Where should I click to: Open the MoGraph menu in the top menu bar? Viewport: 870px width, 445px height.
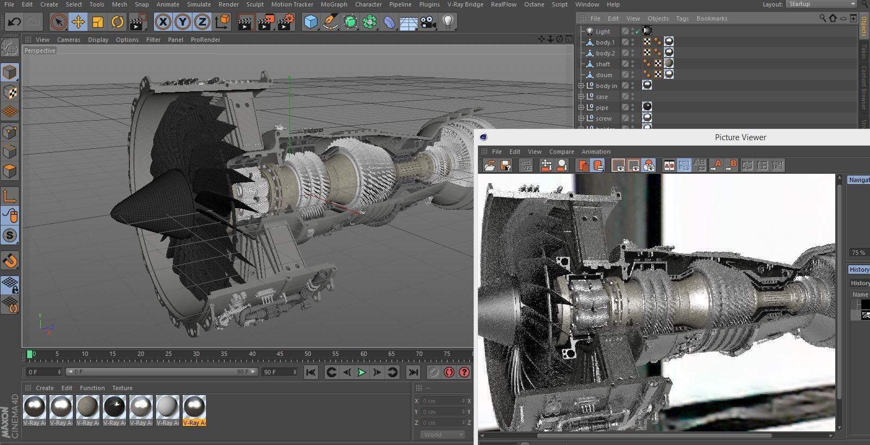point(333,4)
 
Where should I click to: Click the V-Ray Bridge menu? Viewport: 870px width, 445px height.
point(465,4)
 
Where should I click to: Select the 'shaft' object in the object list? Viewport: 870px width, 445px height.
point(602,64)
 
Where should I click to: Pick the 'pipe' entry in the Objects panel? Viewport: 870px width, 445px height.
point(602,108)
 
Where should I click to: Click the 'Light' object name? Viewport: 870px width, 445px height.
point(602,32)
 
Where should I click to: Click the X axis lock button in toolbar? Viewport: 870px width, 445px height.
point(163,22)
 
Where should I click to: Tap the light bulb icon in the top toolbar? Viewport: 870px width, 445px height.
point(448,22)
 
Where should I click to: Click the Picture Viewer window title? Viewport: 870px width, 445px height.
point(740,137)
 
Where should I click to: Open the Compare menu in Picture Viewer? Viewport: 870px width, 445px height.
point(561,152)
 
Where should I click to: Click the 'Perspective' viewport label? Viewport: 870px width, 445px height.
point(40,51)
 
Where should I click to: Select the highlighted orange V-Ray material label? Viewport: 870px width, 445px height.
point(194,423)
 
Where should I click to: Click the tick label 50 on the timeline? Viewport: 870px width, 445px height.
point(307,354)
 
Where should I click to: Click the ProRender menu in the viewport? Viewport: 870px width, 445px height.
point(205,40)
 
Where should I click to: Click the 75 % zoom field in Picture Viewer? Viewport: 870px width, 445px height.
point(858,253)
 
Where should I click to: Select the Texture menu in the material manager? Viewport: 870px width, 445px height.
point(122,388)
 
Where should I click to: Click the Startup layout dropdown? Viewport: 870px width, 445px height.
point(821,4)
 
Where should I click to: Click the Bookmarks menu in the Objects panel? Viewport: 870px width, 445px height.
point(711,18)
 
